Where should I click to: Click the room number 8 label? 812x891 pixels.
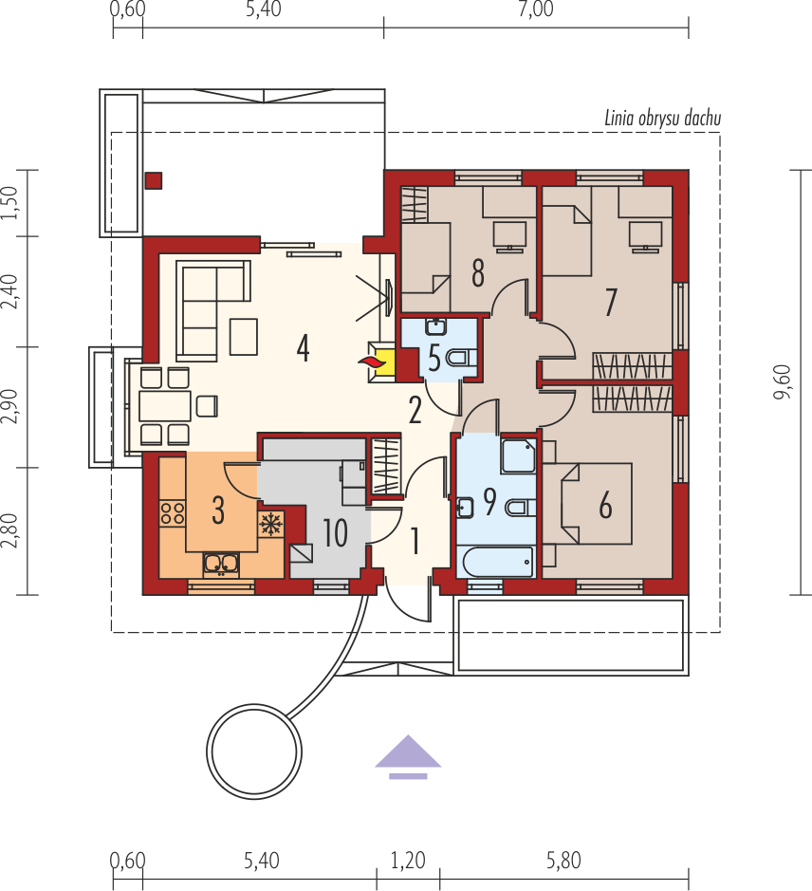(x=478, y=272)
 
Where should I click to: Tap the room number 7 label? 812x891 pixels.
(x=610, y=303)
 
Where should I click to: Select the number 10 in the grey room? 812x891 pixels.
(x=335, y=533)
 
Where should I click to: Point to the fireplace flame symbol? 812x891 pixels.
(x=371, y=362)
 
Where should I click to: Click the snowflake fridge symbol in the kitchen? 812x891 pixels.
(x=271, y=524)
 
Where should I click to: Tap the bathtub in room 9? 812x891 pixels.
(x=498, y=562)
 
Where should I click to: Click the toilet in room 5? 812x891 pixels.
(x=461, y=358)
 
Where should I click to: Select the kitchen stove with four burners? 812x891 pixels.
(x=173, y=512)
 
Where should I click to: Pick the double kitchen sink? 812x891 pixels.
(x=221, y=565)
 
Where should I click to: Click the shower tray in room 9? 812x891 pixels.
(x=519, y=455)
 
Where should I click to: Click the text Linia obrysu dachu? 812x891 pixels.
(x=662, y=119)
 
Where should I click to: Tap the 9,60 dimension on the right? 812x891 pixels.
(x=783, y=381)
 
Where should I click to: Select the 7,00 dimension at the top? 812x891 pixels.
(x=535, y=9)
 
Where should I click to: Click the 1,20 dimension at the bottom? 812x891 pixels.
(x=408, y=861)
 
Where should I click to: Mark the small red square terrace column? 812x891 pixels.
(x=154, y=180)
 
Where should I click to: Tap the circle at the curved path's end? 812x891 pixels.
(x=253, y=752)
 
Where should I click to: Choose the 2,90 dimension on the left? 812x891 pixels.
(x=10, y=407)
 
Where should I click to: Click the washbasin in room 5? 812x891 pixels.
(x=435, y=327)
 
